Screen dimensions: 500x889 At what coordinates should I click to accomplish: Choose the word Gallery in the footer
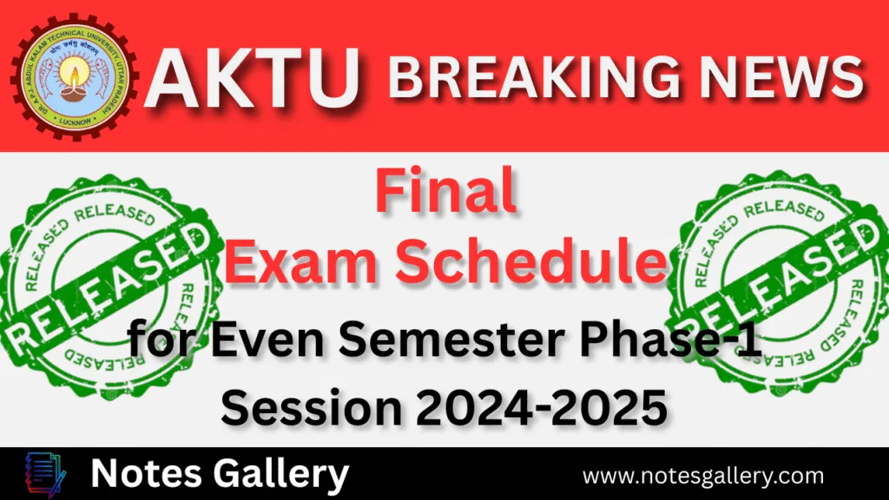277,474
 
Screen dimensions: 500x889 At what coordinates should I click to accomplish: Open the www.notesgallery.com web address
702,476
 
